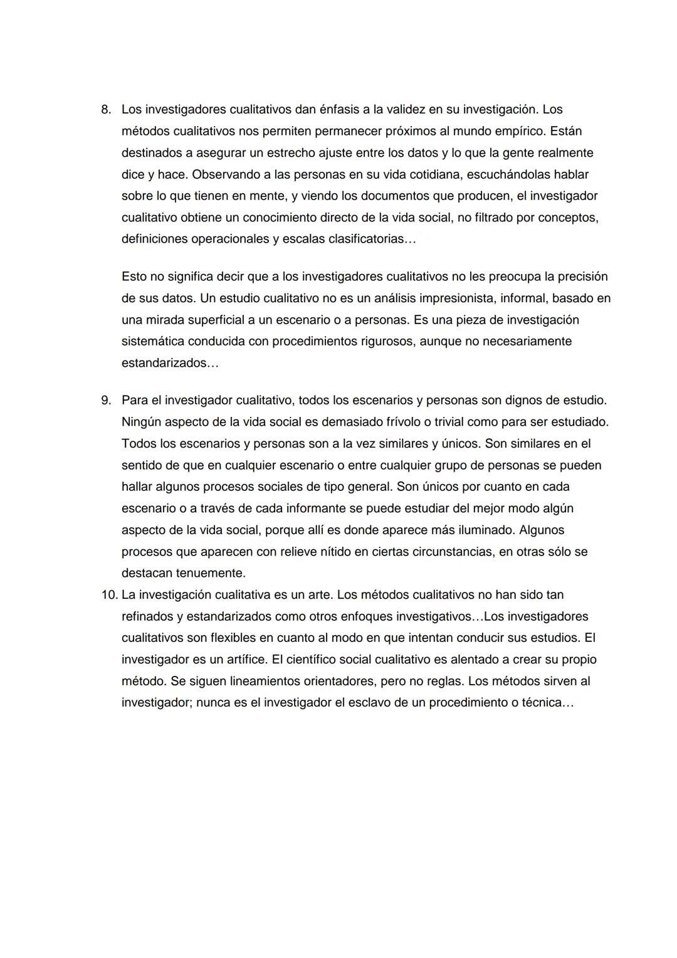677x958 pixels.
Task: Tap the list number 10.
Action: pyautogui.click(x=109, y=594)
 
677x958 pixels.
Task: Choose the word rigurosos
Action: pyautogui.click(x=384, y=342)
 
